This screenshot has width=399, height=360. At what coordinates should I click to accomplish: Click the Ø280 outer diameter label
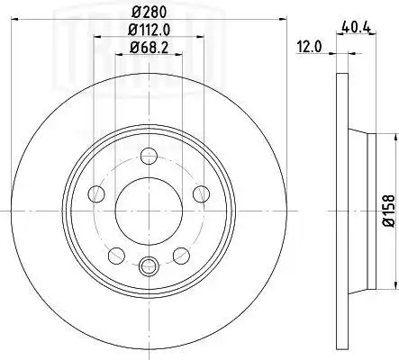[x=150, y=13]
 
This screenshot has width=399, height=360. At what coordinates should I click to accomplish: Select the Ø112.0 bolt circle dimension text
[x=150, y=30]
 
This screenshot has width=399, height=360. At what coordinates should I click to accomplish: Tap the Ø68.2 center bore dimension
[x=150, y=48]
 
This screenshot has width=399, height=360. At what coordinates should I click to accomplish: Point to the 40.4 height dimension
[x=357, y=28]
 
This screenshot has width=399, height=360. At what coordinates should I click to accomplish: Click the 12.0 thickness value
[x=309, y=47]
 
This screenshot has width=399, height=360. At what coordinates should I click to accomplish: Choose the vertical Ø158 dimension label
[x=389, y=211]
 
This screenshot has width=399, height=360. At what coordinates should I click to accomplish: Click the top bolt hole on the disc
[x=149, y=156]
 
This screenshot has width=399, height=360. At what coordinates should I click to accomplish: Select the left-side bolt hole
[x=96, y=193]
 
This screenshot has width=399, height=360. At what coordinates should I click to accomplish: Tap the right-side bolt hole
[x=201, y=193]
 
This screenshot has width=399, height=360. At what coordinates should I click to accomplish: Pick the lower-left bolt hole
[x=116, y=256]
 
